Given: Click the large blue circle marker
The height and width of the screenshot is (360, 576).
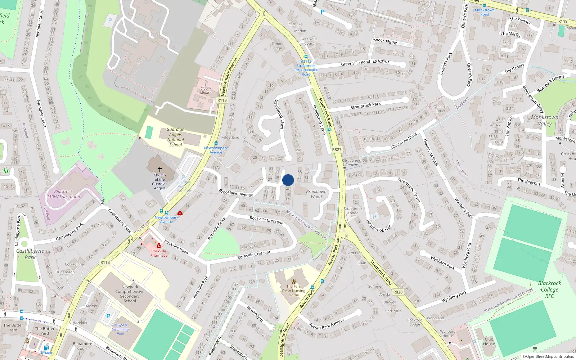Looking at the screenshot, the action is tap(288, 180).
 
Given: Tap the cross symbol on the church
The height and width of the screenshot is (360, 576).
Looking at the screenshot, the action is tap(160, 169).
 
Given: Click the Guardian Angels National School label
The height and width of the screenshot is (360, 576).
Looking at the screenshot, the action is tap(175, 137).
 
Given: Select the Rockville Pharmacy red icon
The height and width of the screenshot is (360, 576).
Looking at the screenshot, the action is tap(159, 246).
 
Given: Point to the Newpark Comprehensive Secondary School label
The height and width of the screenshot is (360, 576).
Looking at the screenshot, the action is tap(130, 294).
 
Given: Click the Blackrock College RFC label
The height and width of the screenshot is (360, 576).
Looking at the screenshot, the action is tap(549, 289).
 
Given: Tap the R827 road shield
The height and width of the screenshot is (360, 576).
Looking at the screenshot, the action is tap(337, 149).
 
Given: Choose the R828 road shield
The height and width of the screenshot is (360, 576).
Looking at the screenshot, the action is tap(398, 292).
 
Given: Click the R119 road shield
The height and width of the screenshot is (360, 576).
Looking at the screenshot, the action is tap(563, 21).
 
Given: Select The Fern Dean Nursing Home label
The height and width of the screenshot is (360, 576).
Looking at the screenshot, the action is tap(294, 291).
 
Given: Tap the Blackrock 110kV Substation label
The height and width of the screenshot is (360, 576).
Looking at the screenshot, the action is tap(63, 194).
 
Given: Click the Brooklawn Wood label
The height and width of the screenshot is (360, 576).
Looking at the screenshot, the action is tap(316, 194).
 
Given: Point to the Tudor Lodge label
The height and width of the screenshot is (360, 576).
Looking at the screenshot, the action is tap(276, 46).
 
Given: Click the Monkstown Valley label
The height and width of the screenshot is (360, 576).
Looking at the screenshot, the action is tap(545, 120).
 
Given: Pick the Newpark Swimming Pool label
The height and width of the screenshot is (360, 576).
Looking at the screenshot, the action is tap(120, 329).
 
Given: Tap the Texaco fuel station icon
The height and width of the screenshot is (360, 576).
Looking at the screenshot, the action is tap(46, 348).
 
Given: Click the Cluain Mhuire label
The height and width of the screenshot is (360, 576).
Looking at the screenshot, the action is tap(206, 90).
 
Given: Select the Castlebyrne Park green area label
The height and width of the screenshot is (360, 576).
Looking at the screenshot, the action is tap(30, 254).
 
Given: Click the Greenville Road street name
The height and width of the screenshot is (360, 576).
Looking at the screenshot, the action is tap(355, 63).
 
